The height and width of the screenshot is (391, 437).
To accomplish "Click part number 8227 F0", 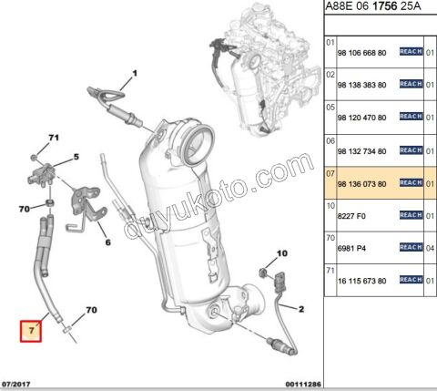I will (x=352, y=216).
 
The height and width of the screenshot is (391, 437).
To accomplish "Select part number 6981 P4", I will (x=352, y=247).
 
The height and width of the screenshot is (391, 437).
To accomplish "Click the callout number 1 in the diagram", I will (x=133, y=72).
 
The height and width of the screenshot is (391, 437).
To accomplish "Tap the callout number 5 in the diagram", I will (x=76, y=157).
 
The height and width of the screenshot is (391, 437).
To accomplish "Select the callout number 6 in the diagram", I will (x=107, y=243).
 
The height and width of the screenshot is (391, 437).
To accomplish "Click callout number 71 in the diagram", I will (x=53, y=138).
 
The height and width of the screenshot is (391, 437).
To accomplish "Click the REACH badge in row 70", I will (x=411, y=247).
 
